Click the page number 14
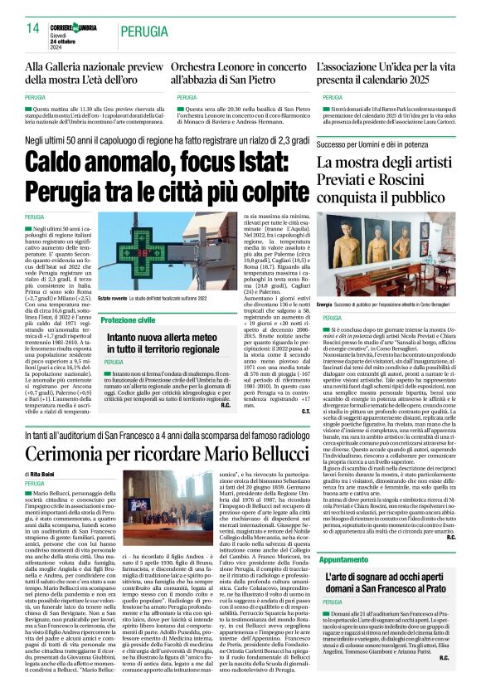click(x=33, y=29)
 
